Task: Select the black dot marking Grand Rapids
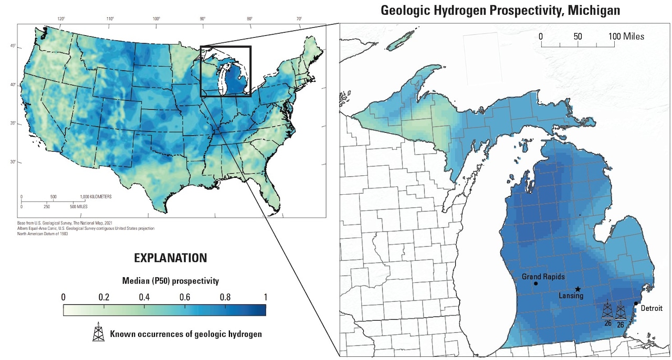point(535,284)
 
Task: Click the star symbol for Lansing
point(577,289)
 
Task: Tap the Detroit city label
point(650,308)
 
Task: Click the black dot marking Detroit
point(636,303)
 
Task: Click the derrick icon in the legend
point(98,333)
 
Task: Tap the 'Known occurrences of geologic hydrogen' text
point(185,334)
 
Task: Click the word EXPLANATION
point(171,258)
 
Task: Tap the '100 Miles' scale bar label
point(626,36)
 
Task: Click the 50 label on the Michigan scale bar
point(578,36)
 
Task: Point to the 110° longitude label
point(110,19)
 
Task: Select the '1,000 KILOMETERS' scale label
point(96,197)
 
